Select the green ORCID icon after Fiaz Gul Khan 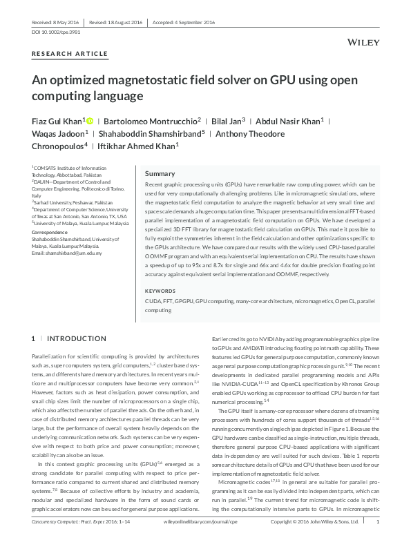pyautogui.click(x=90, y=120)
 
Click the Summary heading pyautogui.click(x=160, y=173)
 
